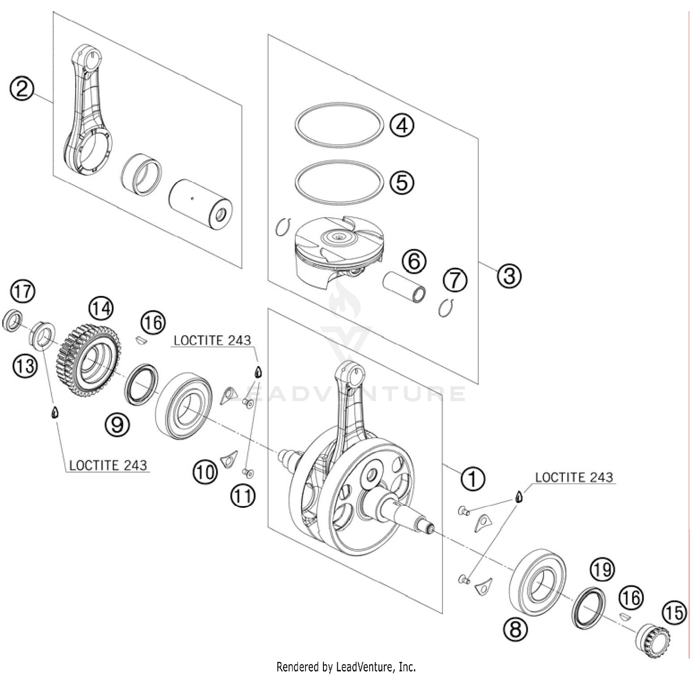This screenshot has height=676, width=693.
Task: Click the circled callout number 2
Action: click(x=22, y=88)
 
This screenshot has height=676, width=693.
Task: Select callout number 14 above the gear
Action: click(x=101, y=308)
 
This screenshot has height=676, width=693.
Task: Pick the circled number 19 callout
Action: click(x=602, y=570)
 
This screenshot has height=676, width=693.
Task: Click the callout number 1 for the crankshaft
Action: click(x=472, y=478)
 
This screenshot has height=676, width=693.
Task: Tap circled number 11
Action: click(x=243, y=496)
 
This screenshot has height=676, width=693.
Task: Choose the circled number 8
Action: click(x=515, y=628)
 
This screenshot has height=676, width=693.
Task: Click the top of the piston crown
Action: click(x=339, y=238)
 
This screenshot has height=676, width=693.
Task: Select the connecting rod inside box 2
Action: click(x=88, y=115)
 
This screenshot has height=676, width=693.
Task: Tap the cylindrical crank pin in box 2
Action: click(x=200, y=204)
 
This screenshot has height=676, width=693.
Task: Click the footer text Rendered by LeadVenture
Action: click(x=346, y=667)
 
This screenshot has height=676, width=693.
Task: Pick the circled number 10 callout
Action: click(x=205, y=472)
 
